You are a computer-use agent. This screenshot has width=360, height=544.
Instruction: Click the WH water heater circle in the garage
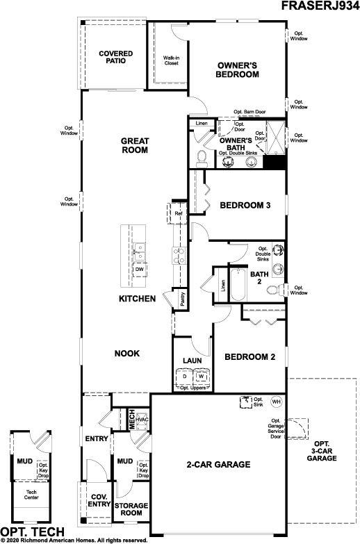pyautogui.click(x=277, y=402)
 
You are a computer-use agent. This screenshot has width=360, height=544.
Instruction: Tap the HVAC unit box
pyautogui.click(x=142, y=420)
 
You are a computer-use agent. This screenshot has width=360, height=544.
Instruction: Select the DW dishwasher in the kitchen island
pyautogui.click(x=140, y=270)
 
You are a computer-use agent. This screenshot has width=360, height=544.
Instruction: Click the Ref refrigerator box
pyautogui.click(x=178, y=213)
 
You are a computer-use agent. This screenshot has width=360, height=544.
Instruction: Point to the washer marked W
pyautogui.click(x=202, y=377)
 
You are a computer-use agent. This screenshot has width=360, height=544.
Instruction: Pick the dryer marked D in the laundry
pyautogui.click(x=185, y=377)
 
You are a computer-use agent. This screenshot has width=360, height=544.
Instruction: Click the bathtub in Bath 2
pyautogui.click(x=238, y=284)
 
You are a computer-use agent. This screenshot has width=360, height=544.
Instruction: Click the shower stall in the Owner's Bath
pyautogui.click(x=276, y=138)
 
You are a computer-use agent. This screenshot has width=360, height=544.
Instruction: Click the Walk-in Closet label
pyautogui.click(x=172, y=60)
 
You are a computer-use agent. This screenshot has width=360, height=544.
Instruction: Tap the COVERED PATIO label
pyautogui.click(x=115, y=57)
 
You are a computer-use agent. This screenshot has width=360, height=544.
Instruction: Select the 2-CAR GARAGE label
pyautogui.click(x=218, y=464)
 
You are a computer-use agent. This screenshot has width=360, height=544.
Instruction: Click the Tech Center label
pyautogui.click(x=31, y=495)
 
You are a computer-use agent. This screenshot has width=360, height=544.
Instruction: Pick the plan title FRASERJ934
pyautogui.click(x=320, y=5)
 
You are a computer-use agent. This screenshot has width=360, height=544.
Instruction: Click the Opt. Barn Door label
pyautogui.click(x=249, y=112)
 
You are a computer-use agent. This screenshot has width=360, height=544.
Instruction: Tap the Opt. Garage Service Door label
pyautogui.click(x=276, y=429)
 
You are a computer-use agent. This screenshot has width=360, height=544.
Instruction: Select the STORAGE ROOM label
pyautogui.click(x=131, y=509)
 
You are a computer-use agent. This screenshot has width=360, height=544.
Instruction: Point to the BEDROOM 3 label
pyautogui.click(x=245, y=205)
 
